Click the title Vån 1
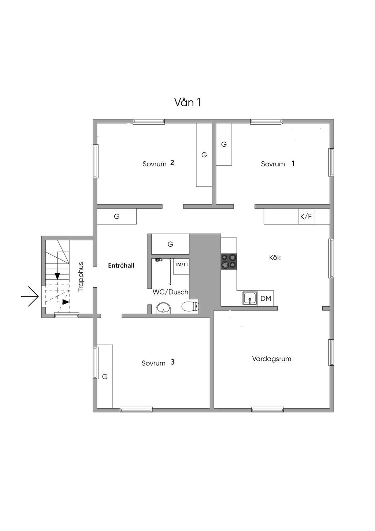point(187,102)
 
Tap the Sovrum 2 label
point(158,163)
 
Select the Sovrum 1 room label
point(278,163)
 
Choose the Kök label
point(275,257)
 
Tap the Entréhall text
point(121,265)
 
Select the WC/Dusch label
point(170,292)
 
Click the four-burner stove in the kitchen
point(229,261)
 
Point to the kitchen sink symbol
point(250,298)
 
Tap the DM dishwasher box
point(266,298)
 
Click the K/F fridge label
point(306,216)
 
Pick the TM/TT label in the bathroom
point(182,264)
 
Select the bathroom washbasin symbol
point(164,308)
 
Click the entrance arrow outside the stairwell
point(29,296)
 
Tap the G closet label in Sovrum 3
point(105,376)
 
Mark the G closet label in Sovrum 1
point(224,144)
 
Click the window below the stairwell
point(66,315)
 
